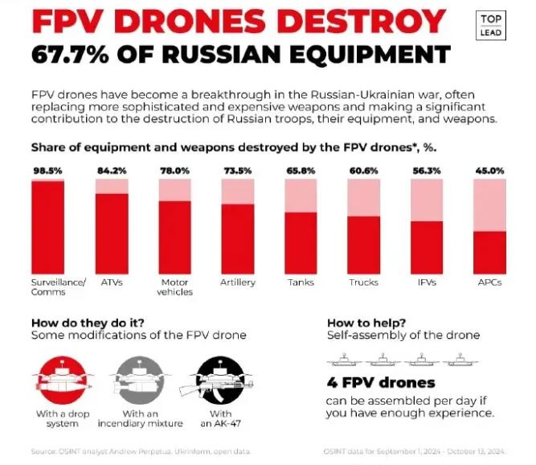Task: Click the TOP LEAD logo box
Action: click(x=492, y=26)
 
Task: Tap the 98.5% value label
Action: click(x=47, y=171)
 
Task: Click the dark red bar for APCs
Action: click(x=489, y=253)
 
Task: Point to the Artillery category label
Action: click(x=238, y=282)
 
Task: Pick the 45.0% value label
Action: click(x=489, y=171)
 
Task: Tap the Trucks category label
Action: click(x=363, y=282)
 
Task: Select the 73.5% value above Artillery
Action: click(x=238, y=171)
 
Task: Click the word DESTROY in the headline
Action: click(x=350, y=20)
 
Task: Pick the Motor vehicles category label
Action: click(x=175, y=287)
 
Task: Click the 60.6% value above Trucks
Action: click(x=363, y=171)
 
